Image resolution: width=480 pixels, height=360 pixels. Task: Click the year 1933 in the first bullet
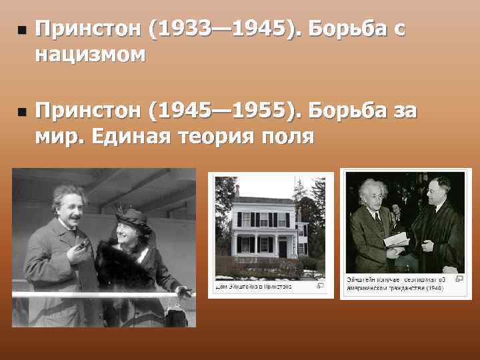[182, 29]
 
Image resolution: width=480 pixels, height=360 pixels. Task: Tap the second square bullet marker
[22, 114]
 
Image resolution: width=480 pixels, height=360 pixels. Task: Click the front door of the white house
[282, 248]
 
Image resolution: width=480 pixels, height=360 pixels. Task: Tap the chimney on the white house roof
[237, 191]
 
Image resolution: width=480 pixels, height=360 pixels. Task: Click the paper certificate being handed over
[397, 239]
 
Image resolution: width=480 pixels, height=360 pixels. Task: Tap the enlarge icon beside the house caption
[320, 286]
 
